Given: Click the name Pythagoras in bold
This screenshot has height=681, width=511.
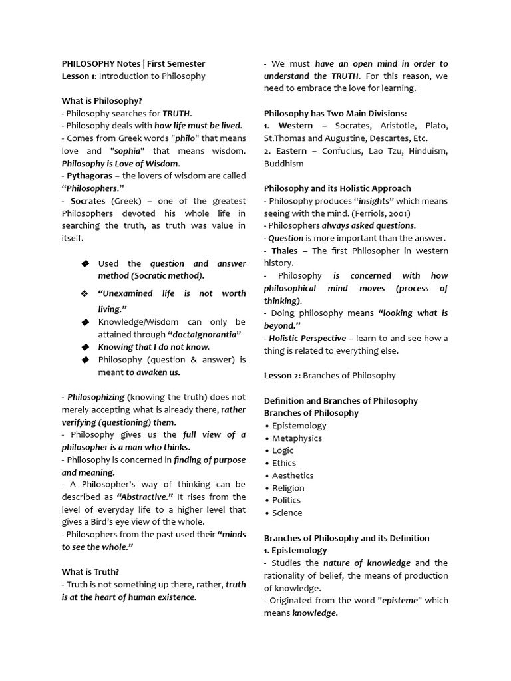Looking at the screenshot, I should [89, 176].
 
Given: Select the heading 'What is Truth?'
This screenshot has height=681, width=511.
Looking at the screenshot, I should [90, 571].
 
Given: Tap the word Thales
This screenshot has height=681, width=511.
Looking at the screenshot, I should [285, 251].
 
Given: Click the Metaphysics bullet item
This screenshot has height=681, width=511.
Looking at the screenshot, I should [297, 438].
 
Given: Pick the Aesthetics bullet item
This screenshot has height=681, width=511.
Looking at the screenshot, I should [293, 475].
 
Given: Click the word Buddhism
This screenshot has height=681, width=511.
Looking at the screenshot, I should [283, 164].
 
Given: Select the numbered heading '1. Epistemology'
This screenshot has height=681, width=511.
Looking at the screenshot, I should [295, 550].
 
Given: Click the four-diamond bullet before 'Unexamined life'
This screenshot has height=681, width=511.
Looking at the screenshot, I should [85, 293].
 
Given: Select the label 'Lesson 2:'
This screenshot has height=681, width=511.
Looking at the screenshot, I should [282, 375].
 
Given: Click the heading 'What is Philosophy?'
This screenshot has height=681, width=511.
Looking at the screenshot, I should [102, 100].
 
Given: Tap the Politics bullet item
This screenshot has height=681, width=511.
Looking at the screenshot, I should [286, 500].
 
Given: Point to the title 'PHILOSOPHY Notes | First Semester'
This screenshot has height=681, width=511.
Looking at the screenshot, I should [133, 64].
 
